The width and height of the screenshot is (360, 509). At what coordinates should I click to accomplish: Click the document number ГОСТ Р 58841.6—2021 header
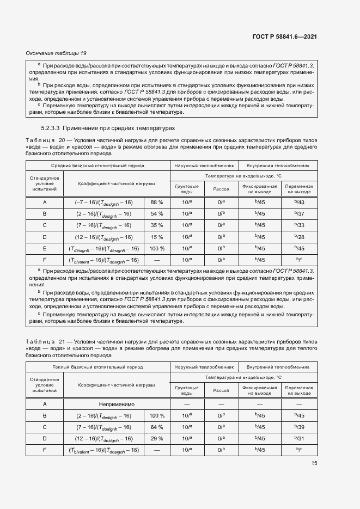(x=285, y=36)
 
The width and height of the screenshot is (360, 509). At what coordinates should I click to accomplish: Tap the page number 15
(x=314, y=463)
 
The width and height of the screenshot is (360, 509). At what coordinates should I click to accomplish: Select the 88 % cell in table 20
(x=157, y=202)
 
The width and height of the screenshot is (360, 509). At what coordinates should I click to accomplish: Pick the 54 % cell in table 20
(x=157, y=213)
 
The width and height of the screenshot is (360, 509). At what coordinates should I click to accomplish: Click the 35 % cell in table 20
(x=157, y=225)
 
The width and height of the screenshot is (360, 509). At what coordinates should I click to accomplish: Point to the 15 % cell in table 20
(x=157, y=236)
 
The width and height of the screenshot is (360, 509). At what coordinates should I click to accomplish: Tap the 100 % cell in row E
(x=157, y=248)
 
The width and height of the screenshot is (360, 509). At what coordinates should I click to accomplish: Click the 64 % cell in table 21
(x=157, y=427)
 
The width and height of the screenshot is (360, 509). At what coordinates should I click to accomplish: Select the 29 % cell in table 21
(x=157, y=438)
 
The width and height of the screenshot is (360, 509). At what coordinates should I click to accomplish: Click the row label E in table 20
(x=45, y=248)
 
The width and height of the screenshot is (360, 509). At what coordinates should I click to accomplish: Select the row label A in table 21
(x=45, y=404)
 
